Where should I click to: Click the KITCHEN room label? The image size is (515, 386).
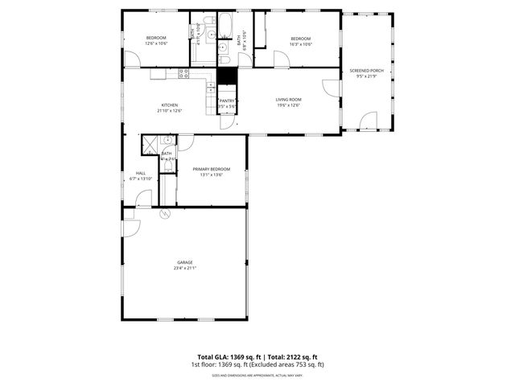(171, 105)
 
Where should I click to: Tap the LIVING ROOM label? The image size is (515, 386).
(287, 99)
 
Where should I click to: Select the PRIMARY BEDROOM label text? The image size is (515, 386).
(211, 169)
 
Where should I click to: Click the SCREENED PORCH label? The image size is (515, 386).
(366, 71)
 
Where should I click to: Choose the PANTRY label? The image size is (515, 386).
(227, 101)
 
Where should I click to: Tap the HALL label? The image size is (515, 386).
(140, 173)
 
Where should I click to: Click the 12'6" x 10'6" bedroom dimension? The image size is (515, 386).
(155, 43)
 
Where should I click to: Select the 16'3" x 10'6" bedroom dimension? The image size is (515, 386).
(300, 43)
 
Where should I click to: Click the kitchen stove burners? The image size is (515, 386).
(183, 73)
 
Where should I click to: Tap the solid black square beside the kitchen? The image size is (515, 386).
(228, 75)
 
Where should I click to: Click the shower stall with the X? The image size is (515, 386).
(150, 145)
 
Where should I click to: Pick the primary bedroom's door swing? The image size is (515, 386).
(185, 142)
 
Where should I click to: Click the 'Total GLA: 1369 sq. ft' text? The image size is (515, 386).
(229, 357)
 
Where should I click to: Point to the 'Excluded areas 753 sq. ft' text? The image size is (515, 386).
(289, 364)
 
